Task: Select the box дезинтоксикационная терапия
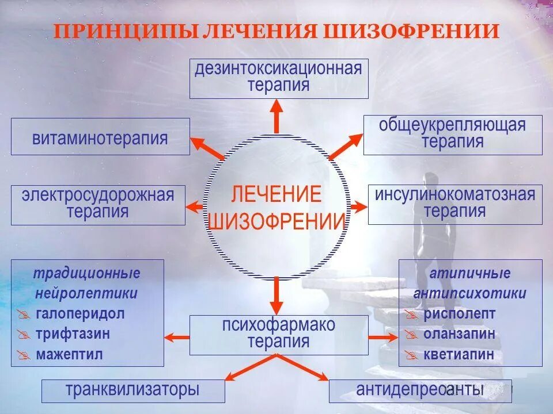279,78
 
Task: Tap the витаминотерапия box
100,137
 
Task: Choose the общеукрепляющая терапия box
452,134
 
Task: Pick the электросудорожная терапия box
98,204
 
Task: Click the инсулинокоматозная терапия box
454,204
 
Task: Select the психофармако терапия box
279,334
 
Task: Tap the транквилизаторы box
132,390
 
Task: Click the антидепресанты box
420,390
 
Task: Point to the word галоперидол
79,314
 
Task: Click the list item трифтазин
73,334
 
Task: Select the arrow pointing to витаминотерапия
207,148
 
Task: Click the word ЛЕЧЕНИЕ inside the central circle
276,194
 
